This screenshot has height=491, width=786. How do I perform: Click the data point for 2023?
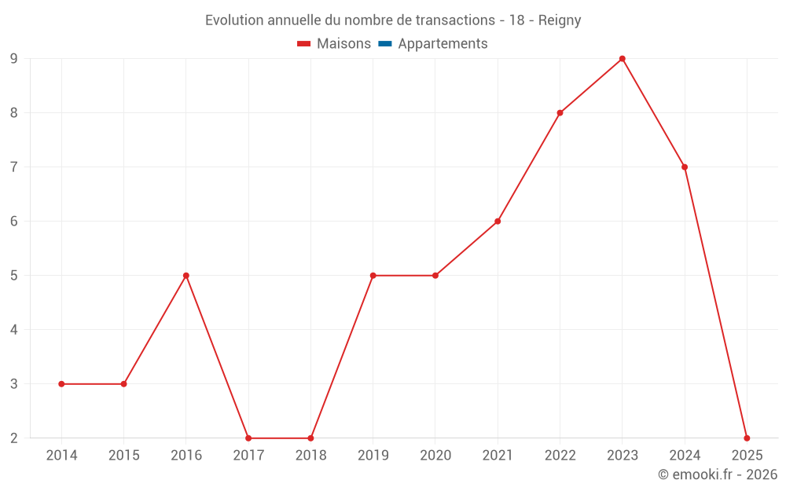[622, 59]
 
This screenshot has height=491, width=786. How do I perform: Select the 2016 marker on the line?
[186, 276]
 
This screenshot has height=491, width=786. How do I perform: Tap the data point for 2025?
[747, 438]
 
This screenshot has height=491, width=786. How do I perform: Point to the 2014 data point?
[61, 384]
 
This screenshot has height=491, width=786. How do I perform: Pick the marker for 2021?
[498, 222]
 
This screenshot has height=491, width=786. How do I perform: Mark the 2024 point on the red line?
[685, 167]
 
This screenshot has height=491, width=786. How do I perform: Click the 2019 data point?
[373, 276]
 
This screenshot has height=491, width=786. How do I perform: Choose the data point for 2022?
[560, 113]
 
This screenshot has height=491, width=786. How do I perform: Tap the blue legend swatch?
[384, 44]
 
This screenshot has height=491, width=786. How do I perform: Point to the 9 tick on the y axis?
[14, 59]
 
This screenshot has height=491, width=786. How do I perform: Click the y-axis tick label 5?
[14, 276]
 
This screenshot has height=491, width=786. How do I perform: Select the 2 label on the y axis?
[14, 438]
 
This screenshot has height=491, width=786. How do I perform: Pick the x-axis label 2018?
[310, 456]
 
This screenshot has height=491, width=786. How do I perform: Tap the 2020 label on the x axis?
[435, 456]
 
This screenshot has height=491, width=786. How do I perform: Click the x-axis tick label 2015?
[123, 456]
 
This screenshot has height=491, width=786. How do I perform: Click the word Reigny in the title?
[560, 20]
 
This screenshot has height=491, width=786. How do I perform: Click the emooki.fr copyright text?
[718, 475]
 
